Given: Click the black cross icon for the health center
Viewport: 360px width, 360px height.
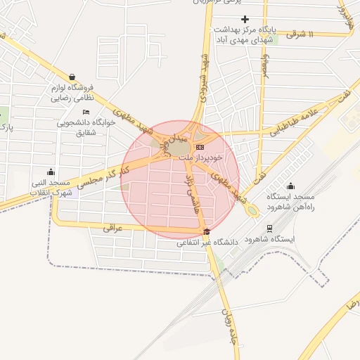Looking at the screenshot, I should (245, 19).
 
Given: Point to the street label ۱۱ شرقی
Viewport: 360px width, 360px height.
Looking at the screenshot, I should (320, 34).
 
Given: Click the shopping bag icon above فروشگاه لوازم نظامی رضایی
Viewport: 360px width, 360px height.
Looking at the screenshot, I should (72, 77).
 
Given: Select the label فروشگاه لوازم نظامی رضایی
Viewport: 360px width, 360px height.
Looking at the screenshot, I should (72, 94).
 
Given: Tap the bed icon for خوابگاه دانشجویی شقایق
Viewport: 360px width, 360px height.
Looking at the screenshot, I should (86, 112).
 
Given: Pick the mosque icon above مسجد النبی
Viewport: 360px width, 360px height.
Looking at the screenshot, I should (50, 172).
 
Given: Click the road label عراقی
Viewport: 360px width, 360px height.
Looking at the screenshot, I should (112, 228).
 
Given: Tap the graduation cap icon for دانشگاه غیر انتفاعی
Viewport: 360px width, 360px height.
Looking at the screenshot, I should (206, 233).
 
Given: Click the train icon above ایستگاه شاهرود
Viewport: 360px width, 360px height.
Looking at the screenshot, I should (269, 228).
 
